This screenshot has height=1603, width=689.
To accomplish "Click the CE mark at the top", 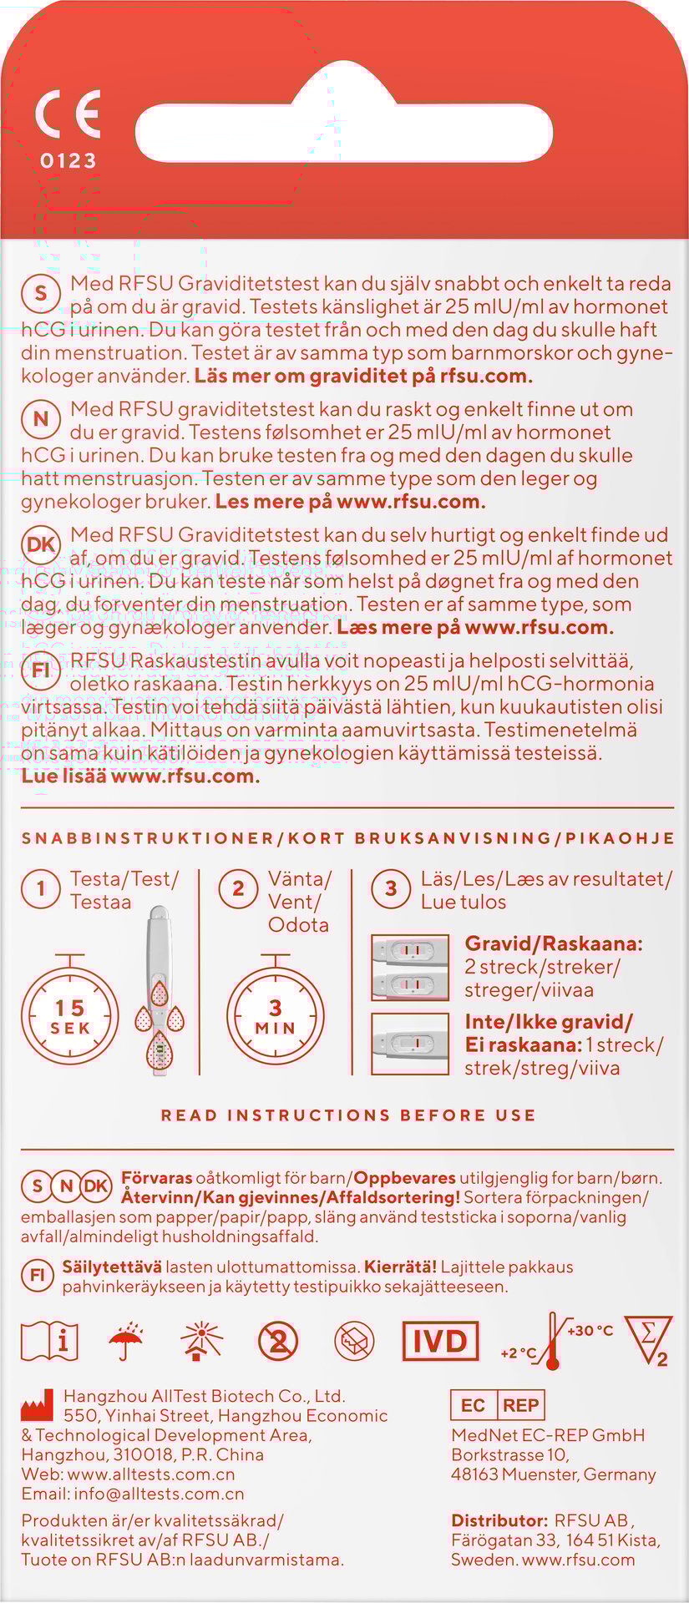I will pyautogui.click(x=68, y=114).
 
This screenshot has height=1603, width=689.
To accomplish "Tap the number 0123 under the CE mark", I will pyautogui.click(x=68, y=160).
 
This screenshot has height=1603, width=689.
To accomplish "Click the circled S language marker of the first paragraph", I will pyautogui.click(x=40, y=293).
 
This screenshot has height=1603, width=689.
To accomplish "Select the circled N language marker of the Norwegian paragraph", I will pyautogui.click(x=40, y=419).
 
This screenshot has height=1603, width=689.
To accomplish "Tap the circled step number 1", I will pyautogui.click(x=40, y=888).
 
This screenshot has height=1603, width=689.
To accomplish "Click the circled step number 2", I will pyautogui.click(x=238, y=888).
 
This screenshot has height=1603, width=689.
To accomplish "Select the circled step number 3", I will pyautogui.click(x=391, y=888).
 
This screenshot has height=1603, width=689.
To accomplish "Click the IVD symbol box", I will pyautogui.click(x=440, y=1342).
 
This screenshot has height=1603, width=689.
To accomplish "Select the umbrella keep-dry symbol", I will pyautogui.click(x=126, y=1342).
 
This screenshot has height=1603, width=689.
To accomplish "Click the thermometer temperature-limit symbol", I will pyautogui.click(x=552, y=1342).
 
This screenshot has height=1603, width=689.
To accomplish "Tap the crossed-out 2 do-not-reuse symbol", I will pyautogui.click(x=278, y=1342).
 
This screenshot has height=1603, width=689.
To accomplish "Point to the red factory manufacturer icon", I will pyautogui.click(x=36, y=1409).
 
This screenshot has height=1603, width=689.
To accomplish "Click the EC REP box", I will pyautogui.click(x=497, y=1405).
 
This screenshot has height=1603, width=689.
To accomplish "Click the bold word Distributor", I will pyautogui.click(x=499, y=1520).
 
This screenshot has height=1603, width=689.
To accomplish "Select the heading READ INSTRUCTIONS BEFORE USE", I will pyautogui.click(x=348, y=1115).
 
